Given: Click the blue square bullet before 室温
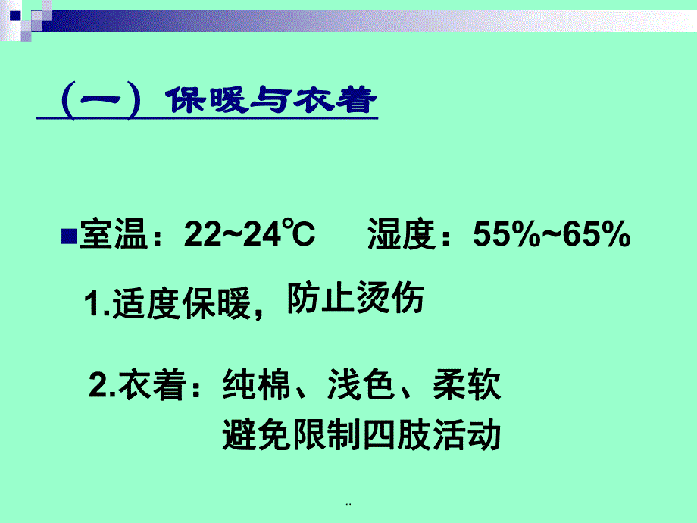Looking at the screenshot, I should coord(67,234).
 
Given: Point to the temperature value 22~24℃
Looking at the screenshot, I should coord(249,236).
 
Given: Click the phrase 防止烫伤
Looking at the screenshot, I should coord(355,300).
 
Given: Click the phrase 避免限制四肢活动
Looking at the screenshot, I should coord(361,436).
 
